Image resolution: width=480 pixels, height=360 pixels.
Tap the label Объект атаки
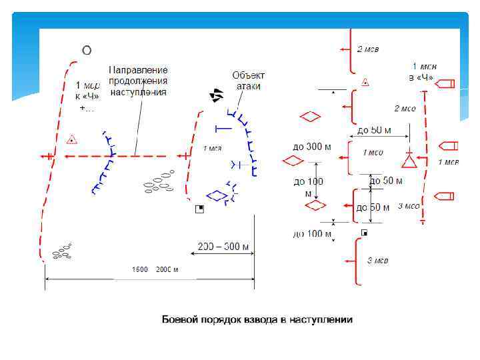249,81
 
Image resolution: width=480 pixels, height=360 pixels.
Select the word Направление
138,70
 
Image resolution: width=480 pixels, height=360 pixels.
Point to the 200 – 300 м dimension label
223,247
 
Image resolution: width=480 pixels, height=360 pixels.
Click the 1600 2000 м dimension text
155,269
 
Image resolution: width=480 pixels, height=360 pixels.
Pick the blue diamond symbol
216,195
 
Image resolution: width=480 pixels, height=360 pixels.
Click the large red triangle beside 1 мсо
409,161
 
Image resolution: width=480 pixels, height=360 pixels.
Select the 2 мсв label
368,49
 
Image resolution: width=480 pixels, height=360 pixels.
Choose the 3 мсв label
377,260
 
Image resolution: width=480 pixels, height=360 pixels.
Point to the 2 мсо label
405,108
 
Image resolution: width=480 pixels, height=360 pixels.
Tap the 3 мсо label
408,206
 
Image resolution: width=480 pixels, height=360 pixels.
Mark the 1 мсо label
373,153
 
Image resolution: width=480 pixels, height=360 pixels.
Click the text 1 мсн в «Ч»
423,72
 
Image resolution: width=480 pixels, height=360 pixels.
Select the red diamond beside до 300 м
292,161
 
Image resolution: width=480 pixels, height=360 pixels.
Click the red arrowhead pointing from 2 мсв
342,49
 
